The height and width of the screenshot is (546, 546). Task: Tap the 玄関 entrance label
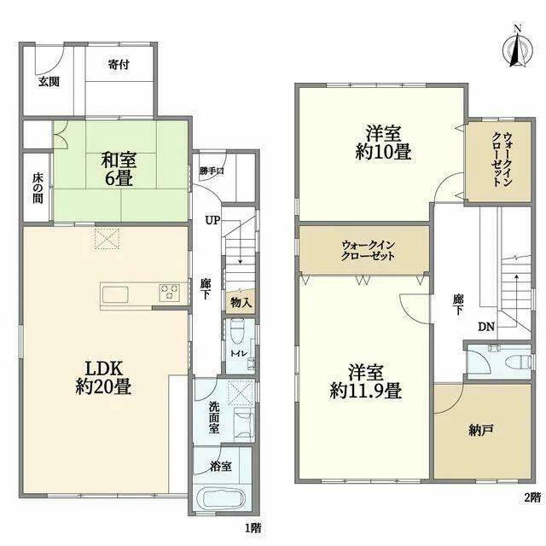(49, 82)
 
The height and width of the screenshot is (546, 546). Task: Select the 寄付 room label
(119, 65)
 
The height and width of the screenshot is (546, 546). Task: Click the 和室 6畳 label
(119, 169)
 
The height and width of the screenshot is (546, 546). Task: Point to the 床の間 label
(38, 189)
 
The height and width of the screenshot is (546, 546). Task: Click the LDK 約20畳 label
(103, 377)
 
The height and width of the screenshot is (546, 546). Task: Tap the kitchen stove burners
(170, 292)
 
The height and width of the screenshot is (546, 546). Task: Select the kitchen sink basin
(115, 295)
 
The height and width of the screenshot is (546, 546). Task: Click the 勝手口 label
(212, 171)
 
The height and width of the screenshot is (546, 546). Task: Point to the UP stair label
(212, 220)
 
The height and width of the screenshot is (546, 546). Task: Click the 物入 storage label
(241, 303)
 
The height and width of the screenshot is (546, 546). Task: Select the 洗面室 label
(214, 417)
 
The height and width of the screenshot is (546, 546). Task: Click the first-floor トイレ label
(239, 353)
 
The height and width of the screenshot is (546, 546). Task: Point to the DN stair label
(486, 327)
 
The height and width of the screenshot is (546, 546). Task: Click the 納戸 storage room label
(481, 431)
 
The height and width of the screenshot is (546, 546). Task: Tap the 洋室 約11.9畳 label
(366, 381)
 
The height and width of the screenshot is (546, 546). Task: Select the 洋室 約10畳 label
(383, 142)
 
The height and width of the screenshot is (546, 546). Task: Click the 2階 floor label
(532, 497)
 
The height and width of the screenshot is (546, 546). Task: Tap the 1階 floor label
(253, 528)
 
